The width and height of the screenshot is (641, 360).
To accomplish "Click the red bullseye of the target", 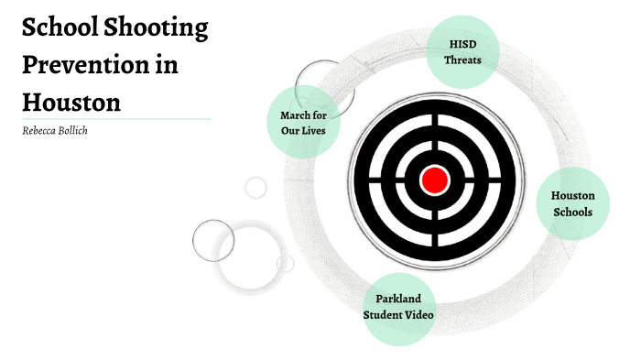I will click(434, 180).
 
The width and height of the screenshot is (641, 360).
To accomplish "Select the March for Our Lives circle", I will click(303, 122).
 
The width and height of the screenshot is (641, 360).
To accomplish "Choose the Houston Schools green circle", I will click(572, 203).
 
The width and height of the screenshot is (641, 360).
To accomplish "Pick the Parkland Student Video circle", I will click(398, 307).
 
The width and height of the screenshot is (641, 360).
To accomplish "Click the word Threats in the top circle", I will click(462, 60).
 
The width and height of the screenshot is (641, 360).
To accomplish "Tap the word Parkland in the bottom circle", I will click(398, 299).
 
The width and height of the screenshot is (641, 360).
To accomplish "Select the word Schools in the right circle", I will click(572, 212).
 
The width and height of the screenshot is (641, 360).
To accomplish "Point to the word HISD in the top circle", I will click(462, 44).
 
